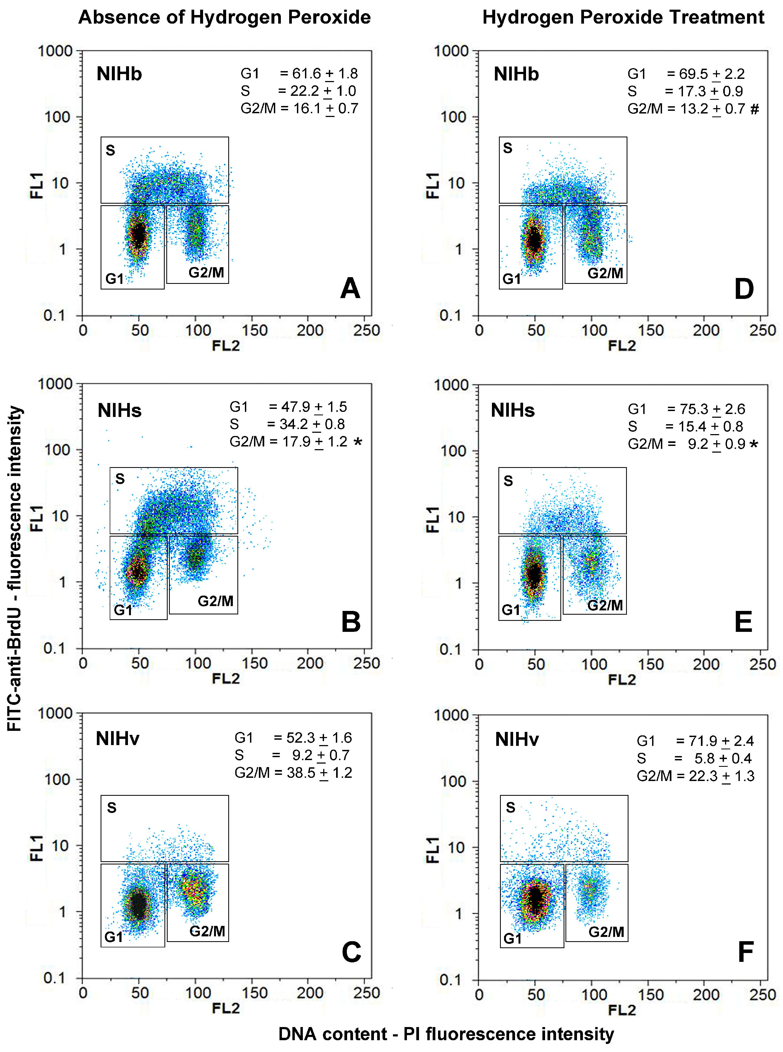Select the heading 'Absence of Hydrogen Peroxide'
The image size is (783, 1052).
(x=224, y=17)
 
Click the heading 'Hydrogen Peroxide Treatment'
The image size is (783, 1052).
(x=623, y=17)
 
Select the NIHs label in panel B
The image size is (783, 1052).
(x=119, y=410)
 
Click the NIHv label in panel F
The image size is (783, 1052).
(x=517, y=740)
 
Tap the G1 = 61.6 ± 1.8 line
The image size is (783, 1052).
(x=299, y=74)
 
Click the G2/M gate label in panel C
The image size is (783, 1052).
(x=207, y=931)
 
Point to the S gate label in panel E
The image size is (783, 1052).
(x=508, y=481)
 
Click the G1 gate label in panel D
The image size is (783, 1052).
(x=512, y=279)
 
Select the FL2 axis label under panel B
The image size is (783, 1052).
(x=226, y=679)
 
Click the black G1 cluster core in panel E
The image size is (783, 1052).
(x=534, y=575)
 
